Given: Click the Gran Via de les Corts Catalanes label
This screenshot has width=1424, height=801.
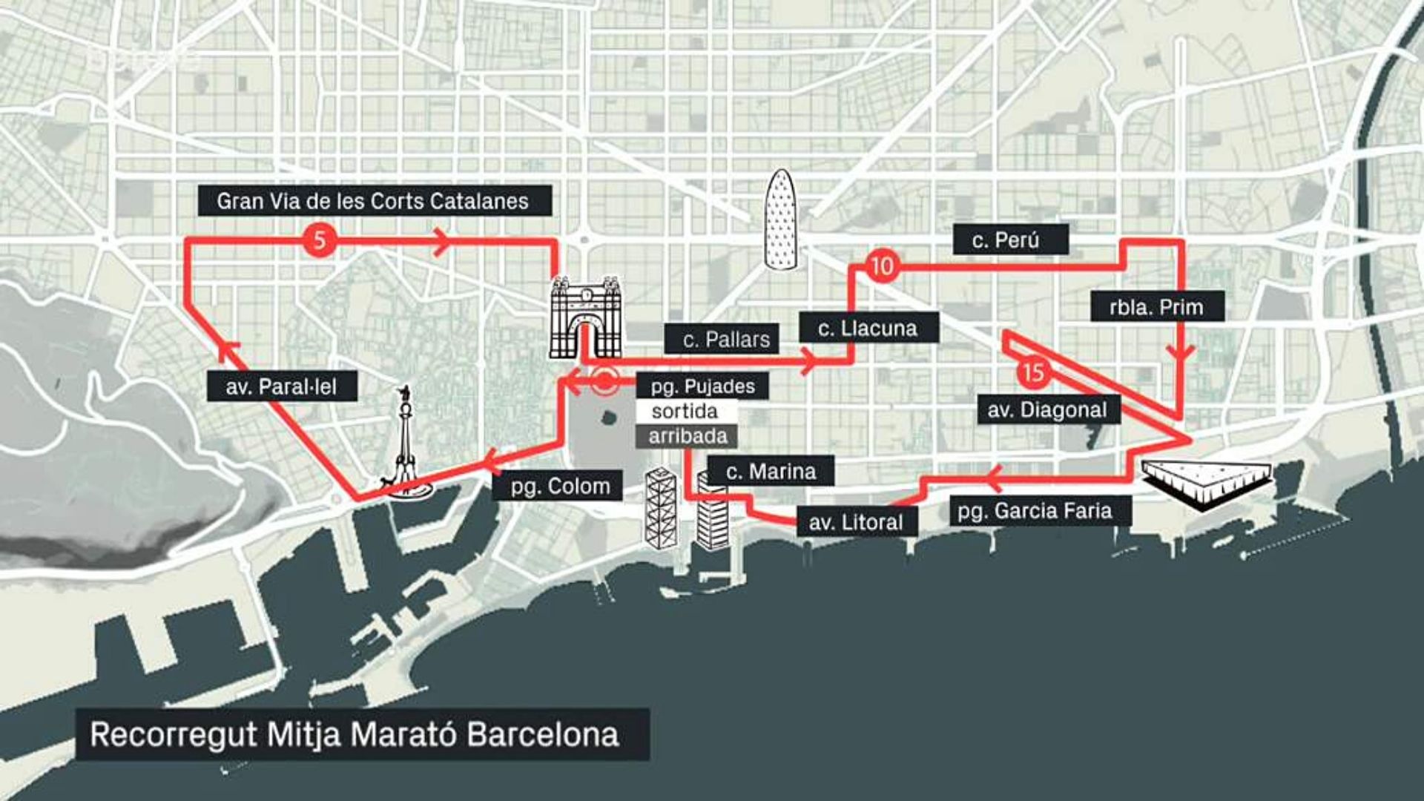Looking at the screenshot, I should (374, 201).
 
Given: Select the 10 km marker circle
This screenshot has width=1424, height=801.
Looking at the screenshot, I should (881, 266).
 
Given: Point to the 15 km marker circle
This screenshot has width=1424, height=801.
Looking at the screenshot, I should (1033, 372).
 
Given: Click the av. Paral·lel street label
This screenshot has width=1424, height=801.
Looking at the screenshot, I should (281, 386).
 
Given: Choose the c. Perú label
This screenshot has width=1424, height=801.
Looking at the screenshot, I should (1009, 240).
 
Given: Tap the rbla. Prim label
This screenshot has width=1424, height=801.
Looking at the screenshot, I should (1156, 306).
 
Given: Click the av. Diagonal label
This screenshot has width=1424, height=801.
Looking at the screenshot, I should (1047, 409).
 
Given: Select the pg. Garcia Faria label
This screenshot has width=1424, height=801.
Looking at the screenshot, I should (1035, 510).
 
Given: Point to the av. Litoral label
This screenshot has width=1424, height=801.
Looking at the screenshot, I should (856, 522).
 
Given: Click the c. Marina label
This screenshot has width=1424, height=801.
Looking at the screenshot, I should (771, 471).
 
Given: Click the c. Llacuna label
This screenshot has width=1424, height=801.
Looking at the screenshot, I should (868, 328).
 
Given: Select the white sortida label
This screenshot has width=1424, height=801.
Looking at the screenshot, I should (685, 411).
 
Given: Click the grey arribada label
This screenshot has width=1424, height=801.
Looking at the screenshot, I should (688, 436).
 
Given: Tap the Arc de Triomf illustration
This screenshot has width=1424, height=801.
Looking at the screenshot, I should (585, 317).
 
